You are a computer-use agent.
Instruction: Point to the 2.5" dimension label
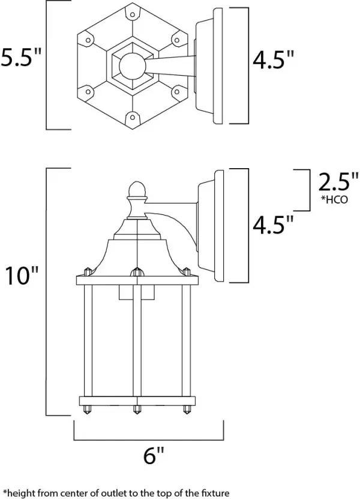point(334,181)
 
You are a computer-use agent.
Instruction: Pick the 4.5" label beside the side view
point(273,226)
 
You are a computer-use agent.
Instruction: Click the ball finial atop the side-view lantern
point(137,190)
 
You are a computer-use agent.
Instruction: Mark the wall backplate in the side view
point(214,225)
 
